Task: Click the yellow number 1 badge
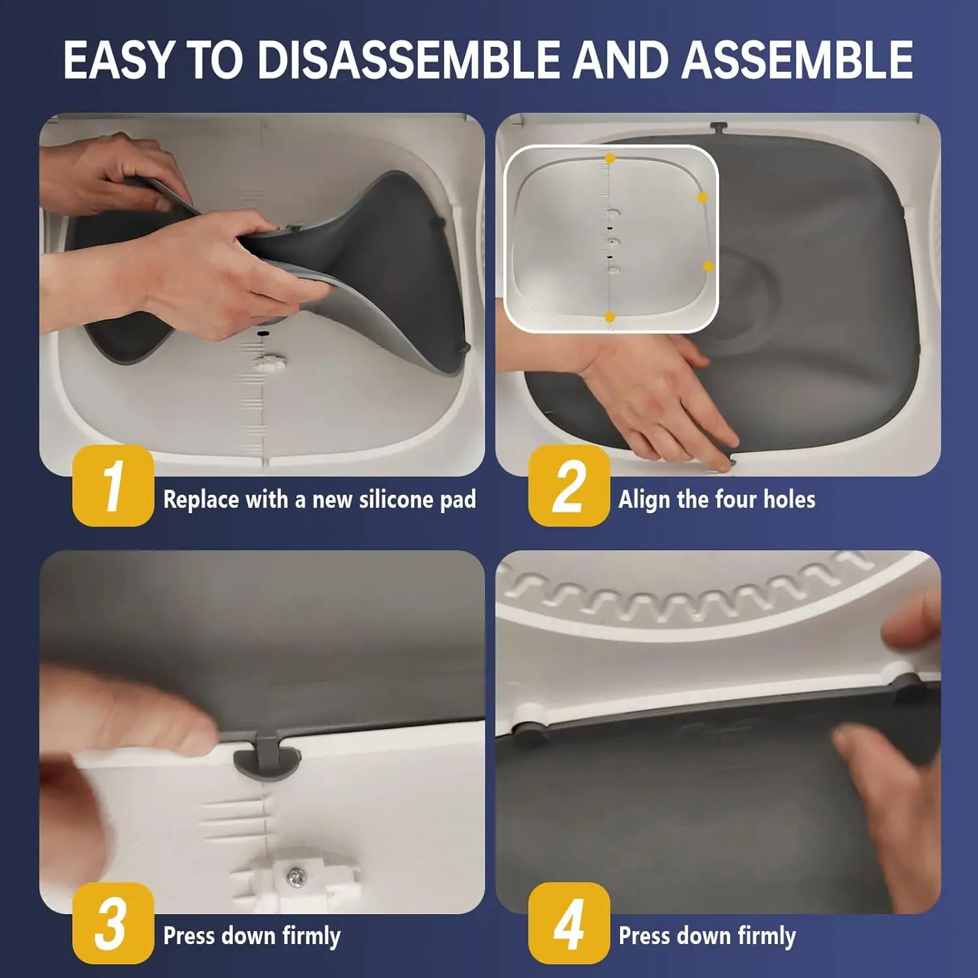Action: pyautogui.click(x=113, y=486)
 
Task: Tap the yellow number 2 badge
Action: pyautogui.click(x=569, y=486)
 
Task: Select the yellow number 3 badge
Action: pyautogui.click(x=113, y=923)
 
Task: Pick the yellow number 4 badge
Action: pyautogui.click(x=569, y=923)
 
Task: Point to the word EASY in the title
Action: pyautogui.click(x=119, y=60)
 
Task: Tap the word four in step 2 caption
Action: pyautogui.click(x=737, y=499)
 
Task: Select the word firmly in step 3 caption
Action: pyautogui.click(x=311, y=936)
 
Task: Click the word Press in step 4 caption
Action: pyautogui.click(x=644, y=936)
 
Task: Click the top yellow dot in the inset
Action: pyautogui.click(x=610, y=158)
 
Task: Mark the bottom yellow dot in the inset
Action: pyautogui.click(x=610, y=318)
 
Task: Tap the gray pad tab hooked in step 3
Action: pyautogui.click(x=268, y=756)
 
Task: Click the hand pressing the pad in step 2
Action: pyautogui.click(x=659, y=398)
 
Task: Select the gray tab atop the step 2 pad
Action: pyautogui.click(x=719, y=128)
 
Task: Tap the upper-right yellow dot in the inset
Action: pyautogui.click(x=702, y=197)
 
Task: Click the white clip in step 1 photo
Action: pyautogui.click(x=269, y=363)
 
